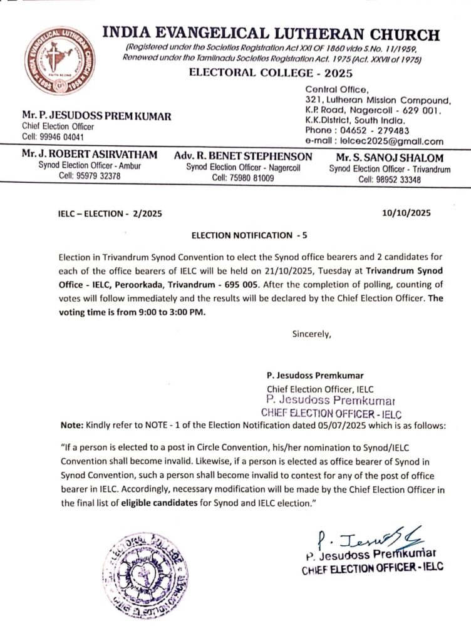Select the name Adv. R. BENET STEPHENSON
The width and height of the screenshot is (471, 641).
(242, 156)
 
